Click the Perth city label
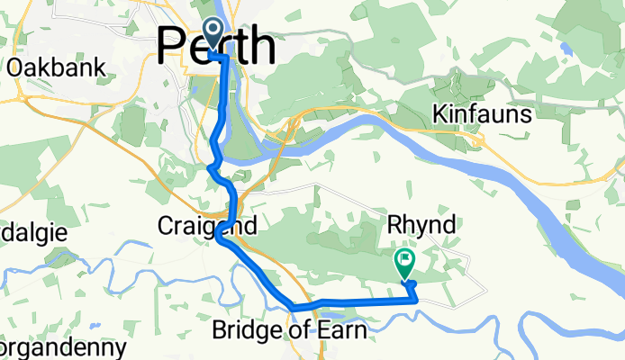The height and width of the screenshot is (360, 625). pyautogui.click(x=216, y=45)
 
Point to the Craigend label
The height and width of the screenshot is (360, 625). pyautogui.click(x=207, y=224)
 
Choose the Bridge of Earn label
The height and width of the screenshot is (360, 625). pyautogui.click(x=289, y=331)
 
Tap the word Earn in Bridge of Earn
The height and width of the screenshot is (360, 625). pyautogui.click(x=344, y=331)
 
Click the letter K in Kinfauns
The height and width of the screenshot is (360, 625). pyautogui.click(x=440, y=114)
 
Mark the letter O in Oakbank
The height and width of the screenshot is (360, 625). pyautogui.click(x=14, y=67)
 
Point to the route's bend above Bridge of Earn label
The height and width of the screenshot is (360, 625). pyautogui.click(x=294, y=309)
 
